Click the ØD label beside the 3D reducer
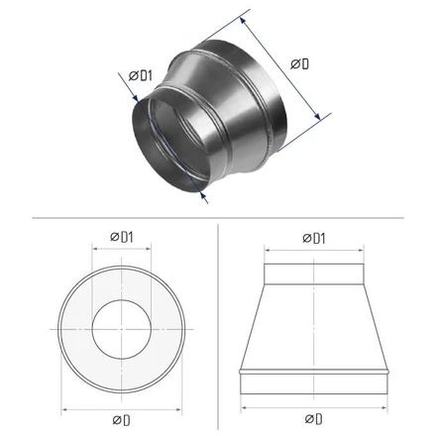tap(299, 63)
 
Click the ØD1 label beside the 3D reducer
tap(141, 75)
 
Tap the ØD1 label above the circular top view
tap(122, 237)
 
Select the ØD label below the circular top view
tap(121, 420)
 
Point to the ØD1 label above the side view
tap(314, 238)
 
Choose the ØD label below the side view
tap(313, 419)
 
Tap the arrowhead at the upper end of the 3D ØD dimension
tap(243, 21)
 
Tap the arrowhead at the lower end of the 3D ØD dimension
tap(317, 116)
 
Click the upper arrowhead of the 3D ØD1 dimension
tap(135, 98)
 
